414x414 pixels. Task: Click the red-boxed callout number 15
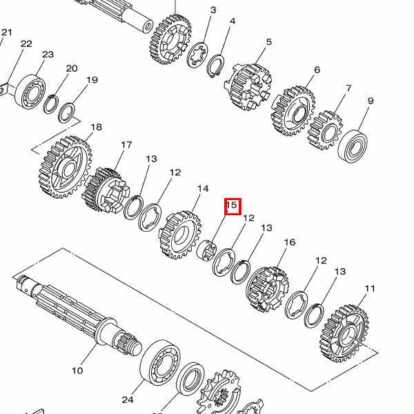233,205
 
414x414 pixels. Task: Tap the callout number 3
213,10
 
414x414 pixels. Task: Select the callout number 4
233,21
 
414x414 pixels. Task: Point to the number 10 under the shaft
77,371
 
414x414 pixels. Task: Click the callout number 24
128,400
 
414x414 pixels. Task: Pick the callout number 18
96,127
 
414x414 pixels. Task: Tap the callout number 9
371,101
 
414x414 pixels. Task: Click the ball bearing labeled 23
30,92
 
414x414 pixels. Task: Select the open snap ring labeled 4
215,66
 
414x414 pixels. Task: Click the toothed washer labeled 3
197,55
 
